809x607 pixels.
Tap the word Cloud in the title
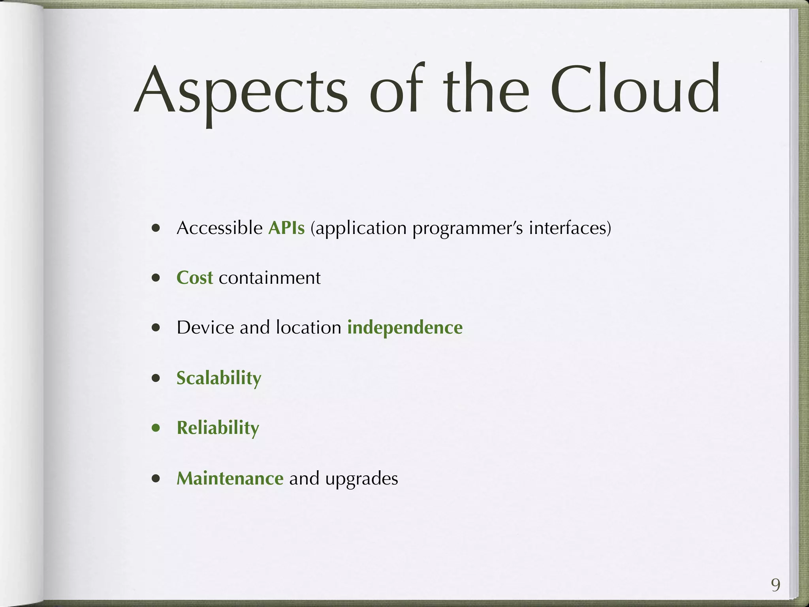[x=635, y=90]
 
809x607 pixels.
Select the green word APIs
[x=286, y=228]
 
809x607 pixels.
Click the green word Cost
[x=195, y=278]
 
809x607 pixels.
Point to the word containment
[x=270, y=278]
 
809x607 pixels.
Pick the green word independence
[x=405, y=328]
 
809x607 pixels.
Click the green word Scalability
[x=219, y=378]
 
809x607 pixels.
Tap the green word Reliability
[x=218, y=428]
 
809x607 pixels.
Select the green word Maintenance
[x=230, y=479]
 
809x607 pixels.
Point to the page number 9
[x=775, y=585]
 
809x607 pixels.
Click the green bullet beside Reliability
[x=156, y=428]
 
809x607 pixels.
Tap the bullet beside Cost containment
[x=156, y=278]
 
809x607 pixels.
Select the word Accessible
[x=220, y=228]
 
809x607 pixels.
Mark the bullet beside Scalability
[x=156, y=379]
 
